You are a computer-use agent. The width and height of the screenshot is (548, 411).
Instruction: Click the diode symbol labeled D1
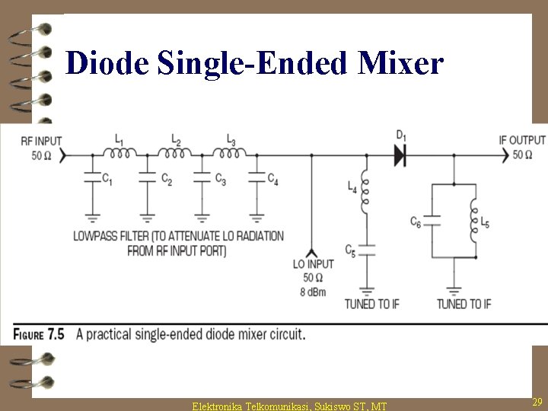click(x=400, y=155)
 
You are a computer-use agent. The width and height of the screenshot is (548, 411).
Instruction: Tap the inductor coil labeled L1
click(x=119, y=154)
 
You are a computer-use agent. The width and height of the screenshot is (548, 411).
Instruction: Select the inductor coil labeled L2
click(x=174, y=154)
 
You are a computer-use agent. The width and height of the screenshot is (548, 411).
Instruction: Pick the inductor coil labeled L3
click(x=229, y=154)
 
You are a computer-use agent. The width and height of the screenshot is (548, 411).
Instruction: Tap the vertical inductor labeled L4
click(x=366, y=193)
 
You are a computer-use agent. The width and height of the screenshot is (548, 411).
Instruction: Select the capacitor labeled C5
click(x=366, y=248)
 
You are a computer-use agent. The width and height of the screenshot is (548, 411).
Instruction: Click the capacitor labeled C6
click(x=432, y=221)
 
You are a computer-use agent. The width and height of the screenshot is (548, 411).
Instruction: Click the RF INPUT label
click(x=41, y=140)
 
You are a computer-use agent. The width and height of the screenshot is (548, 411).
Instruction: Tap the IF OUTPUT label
click(x=522, y=140)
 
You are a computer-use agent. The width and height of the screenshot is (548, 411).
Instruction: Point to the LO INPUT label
click(x=313, y=264)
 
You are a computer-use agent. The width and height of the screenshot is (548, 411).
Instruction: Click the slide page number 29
click(x=537, y=401)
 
